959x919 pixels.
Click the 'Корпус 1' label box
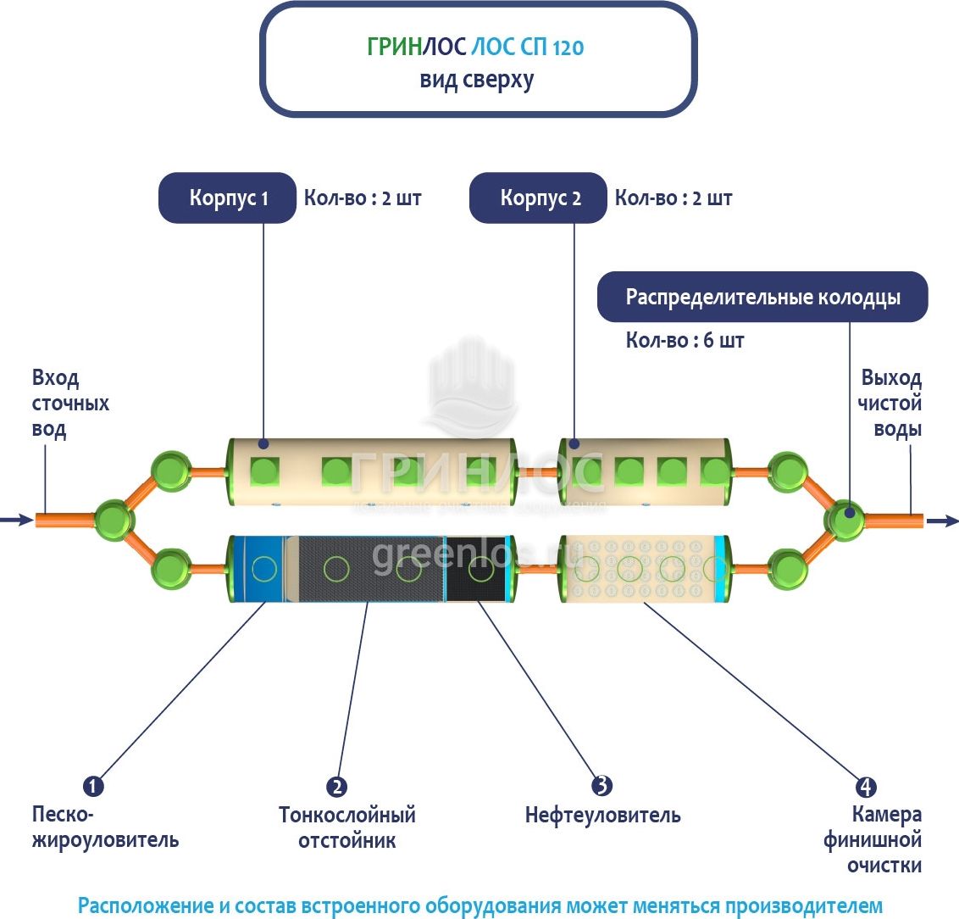[x=228, y=198]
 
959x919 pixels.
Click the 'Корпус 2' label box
[x=539, y=198]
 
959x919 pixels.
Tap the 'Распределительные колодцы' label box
[x=762, y=298]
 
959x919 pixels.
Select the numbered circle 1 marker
[x=93, y=786]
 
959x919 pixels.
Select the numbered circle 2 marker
[x=337, y=787]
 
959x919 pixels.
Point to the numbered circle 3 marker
[x=601, y=786]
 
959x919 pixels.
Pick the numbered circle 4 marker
[x=865, y=787]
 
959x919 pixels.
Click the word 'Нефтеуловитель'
[x=602, y=816]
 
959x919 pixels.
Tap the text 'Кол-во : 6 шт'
[x=685, y=341]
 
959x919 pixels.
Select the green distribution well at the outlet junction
[x=845, y=519]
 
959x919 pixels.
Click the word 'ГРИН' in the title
[x=394, y=47]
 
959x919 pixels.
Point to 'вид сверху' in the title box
[x=477, y=81]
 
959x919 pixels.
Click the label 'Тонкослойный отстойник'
[x=346, y=827]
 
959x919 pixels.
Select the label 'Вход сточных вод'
[x=69, y=404]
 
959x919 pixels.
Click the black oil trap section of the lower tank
[x=477, y=569]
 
